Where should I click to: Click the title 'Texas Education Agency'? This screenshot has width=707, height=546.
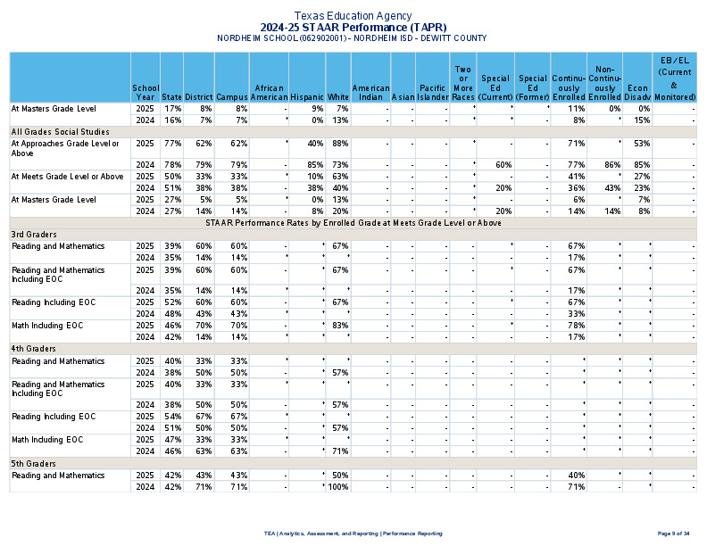(x=353, y=16)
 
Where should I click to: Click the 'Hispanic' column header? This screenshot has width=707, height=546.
(x=306, y=92)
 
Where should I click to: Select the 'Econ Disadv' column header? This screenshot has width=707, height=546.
(x=637, y=92)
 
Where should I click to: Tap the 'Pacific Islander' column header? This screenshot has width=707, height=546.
(x=433, y=92)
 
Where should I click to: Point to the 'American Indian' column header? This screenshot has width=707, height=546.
(x=370, y=92)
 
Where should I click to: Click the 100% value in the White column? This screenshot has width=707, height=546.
(x=337, y=487)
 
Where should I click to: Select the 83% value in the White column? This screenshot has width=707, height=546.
(x=339, y=326)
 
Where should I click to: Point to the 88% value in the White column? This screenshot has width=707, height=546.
(x=339, y=143)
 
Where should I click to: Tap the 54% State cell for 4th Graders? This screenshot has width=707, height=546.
(x=173, y=417)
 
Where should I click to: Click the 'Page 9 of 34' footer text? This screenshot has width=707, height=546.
(x=673, y=533)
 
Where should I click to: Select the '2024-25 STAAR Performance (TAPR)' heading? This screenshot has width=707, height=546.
(x=353, y=28)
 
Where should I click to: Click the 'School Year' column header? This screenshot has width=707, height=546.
(x=146, y=92)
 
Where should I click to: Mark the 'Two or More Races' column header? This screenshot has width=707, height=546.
(x=462, y=82)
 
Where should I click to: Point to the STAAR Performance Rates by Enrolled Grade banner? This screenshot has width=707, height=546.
(x=353, y=222)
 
